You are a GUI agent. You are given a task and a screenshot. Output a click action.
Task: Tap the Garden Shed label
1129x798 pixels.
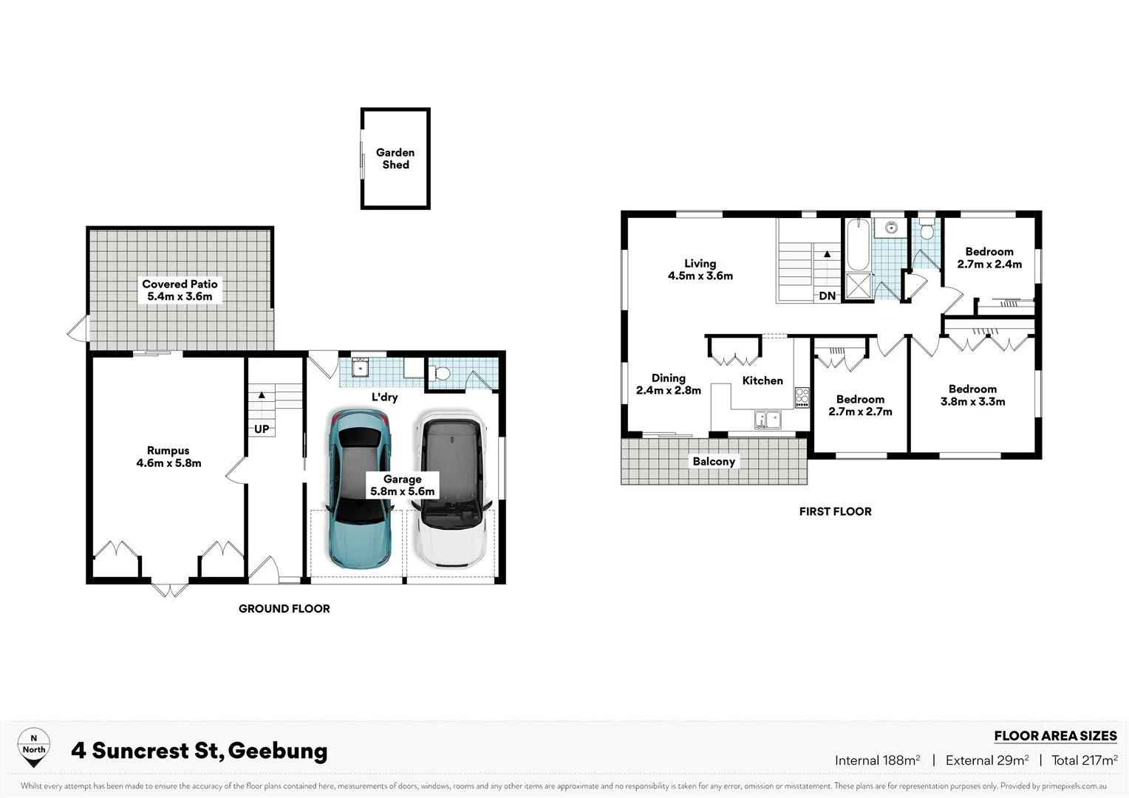(395, 159)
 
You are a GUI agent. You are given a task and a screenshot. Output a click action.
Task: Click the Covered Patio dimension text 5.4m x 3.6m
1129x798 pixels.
(180, 297)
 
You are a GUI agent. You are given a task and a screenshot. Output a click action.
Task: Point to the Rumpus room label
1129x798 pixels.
(168, 451)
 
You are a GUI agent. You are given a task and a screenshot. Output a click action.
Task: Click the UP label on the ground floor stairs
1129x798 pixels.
(262, 429)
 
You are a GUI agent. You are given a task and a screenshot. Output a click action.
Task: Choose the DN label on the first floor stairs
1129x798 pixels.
(828, 296)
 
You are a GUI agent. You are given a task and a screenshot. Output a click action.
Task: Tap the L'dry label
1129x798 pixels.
(384, 398)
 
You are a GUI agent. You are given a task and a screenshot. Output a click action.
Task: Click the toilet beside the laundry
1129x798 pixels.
(441, 372)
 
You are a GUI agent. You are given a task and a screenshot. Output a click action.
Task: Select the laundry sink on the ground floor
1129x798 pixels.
(360, 367)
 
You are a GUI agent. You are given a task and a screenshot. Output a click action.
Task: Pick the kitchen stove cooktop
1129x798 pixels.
(802, 398)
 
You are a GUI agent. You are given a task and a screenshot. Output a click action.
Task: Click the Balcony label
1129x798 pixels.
(714, 462)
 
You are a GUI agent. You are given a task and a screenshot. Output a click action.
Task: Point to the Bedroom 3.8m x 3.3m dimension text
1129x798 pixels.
(972, 402)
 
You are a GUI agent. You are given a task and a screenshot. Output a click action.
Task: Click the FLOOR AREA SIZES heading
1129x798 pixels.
(1055, 736)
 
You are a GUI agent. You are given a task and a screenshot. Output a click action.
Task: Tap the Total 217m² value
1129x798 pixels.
(1084, 760)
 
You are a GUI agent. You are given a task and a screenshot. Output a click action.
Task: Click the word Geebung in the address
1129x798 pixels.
(278, 751)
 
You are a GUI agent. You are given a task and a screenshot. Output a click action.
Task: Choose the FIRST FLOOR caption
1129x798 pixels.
(835, 511)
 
